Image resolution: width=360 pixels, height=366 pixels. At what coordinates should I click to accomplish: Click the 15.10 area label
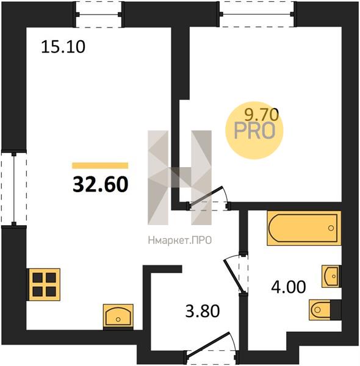(63, 47)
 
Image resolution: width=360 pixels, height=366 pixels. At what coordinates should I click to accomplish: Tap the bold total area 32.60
(101, 184)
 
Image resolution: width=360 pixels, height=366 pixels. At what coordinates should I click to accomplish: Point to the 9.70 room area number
(262, 115)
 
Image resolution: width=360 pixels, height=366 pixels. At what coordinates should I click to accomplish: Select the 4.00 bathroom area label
(289, 287)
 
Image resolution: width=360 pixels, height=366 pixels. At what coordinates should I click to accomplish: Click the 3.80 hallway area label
(203, 311)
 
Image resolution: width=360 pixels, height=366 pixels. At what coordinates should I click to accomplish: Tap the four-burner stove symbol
(44, 284)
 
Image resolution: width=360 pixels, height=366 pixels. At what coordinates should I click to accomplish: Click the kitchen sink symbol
(118, 317)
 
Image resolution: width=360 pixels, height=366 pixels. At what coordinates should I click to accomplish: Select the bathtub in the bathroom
(304, 228)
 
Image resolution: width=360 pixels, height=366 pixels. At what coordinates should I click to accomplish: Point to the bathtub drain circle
(331, 228)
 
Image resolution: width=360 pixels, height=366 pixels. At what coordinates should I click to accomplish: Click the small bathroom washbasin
(331, 276)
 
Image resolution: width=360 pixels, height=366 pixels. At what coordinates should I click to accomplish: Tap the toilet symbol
(325, 310)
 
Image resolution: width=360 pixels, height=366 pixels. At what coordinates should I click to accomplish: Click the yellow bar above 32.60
(100, 165)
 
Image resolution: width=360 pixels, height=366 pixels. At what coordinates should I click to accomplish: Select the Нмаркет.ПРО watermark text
(180, 240)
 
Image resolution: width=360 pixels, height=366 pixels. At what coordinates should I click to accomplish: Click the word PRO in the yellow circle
(254, 131)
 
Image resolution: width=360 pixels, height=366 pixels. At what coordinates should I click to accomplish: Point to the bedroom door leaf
(205, 196)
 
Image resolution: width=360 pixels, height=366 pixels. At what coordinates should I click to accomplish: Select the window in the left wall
(14, 189)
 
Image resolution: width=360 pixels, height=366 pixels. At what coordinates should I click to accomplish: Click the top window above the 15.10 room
(98, 15)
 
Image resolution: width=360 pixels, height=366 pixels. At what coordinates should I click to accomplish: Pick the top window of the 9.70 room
(257, 14)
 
